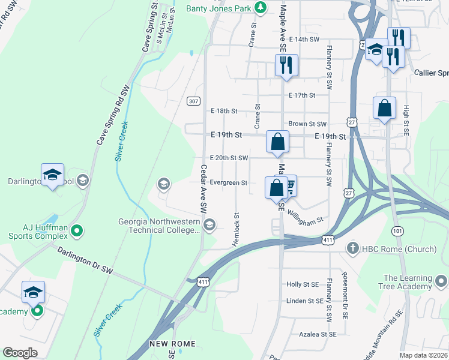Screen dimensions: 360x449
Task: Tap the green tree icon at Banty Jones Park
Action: [x=261, y=8]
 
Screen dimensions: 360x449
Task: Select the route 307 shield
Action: [x=193, y=101]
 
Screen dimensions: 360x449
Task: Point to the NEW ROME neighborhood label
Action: [x=170, y=344]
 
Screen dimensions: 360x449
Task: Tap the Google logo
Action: [x=20, y=353]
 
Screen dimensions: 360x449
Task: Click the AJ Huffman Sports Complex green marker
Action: [x=76, y=230]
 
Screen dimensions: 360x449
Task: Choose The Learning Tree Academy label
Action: [x=408, y=283]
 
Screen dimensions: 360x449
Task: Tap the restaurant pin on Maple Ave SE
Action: [x=286, y=65]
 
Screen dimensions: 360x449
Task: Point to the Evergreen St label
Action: [x=229, y=182]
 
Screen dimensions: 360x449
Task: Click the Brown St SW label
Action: [x=307, y=124]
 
